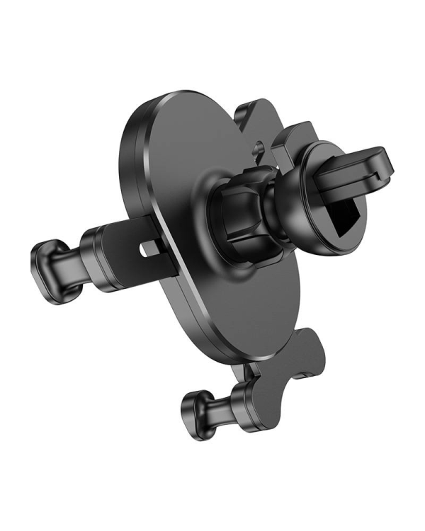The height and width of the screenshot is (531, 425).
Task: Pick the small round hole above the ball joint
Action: click(x=260, y=149)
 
